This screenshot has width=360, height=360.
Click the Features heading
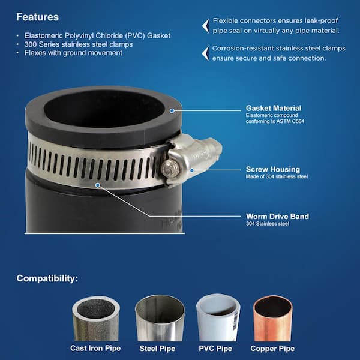37,17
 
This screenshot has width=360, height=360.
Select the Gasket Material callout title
274,108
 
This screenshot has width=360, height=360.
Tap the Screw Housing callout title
273,170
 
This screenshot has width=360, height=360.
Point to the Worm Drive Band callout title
277,217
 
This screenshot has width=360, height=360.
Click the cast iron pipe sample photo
95,317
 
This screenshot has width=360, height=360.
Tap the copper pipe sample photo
272,317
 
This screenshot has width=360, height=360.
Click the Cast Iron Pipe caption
95,348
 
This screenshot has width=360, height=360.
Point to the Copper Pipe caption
274,348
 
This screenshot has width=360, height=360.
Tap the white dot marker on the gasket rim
172,110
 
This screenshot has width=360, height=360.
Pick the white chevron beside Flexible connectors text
205,25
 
